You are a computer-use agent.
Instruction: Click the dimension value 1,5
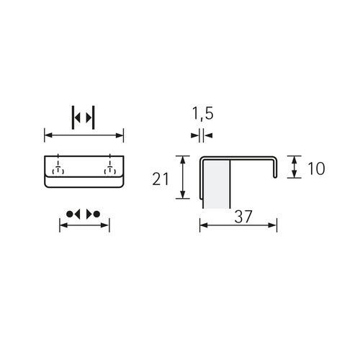coord(203,114)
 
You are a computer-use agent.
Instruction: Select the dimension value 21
coord(161,179)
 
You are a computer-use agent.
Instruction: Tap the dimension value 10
coord(316,168)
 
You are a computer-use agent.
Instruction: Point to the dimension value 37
coord(243,217)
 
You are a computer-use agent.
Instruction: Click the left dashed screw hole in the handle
coord(58,169)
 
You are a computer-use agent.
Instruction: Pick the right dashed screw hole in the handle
coord(110,169)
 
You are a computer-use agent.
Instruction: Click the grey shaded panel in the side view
coord(216,184)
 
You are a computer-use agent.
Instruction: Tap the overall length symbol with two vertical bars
coord(84,117)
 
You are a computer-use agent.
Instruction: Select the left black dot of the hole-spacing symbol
coord(69,214)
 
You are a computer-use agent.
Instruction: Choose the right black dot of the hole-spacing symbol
coord(96,214)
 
